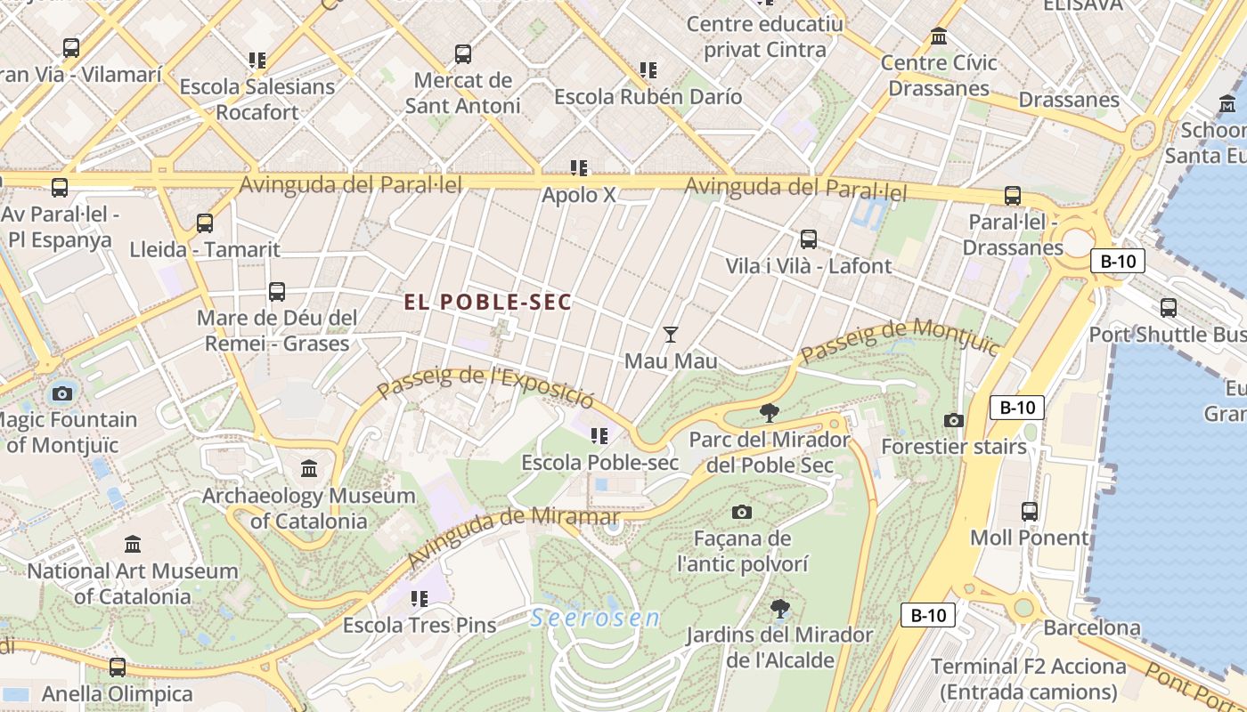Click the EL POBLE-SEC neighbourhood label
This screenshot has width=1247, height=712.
pyautogui.click(x=487, y=303)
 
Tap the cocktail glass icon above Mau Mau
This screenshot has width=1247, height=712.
pyautogui.click(x=671, y=335)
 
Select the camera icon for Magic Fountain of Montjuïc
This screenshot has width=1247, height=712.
pyautogui.click(x=61, y=393)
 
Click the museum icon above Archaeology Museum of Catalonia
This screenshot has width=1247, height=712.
pyautogui.click(x=309, y=468)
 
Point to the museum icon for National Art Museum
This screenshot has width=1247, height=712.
pyautogui.click(x=133, y=544)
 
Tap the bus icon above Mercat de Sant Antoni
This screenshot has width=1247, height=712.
pyautogui.click(x=462, y=54)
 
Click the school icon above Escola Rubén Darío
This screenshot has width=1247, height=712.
pyautogui.click(x=648, y=69)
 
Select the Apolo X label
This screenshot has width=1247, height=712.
pyautogui.click(x=579, y=194)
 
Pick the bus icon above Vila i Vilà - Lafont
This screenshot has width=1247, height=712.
pyautogui.click(x=808, y=239)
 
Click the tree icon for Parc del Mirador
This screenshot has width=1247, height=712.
pyautogui.click(x=769, y=412)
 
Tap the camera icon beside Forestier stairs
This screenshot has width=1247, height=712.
pyautogui.click(x=954, y=420)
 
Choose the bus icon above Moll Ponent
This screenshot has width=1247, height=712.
pyautogui.click(x=1029, y=511)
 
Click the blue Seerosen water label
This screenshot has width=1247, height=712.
pyautogui.click(x=595, y=619)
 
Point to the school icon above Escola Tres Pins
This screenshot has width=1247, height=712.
pyautogui.click(x=419, y=598)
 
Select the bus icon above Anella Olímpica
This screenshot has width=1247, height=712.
pyautogui.click(x=117, y=667)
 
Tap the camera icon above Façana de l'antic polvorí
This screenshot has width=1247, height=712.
pyautogui.click(x=741, y=512)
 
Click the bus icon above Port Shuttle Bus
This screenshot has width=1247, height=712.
pyautogui.click(x=1168, y=308)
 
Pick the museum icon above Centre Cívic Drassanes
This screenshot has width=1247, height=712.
pyautogui.click(x=938, y=36)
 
